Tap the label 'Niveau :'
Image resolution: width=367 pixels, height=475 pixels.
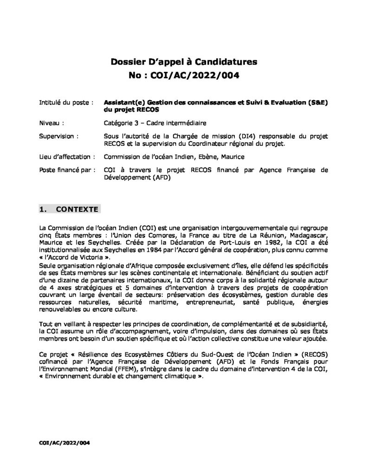point(52,123)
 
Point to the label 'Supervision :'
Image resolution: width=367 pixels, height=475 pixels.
point(59,136)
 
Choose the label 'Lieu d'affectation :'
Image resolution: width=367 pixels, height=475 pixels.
point(68,157)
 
